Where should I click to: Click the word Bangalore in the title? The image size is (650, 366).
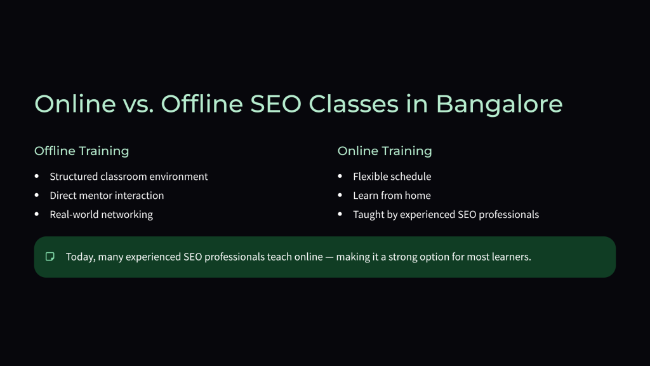(x=499, y=104)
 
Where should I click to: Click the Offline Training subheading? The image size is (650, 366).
(x=81, y=151)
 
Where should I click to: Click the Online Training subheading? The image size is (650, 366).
(x=385, y=151)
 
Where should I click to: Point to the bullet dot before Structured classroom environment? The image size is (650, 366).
(x=36, y=176)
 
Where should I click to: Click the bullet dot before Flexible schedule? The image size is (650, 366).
(x=340, y=176)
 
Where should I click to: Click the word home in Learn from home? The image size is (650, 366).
(x=418, y=196)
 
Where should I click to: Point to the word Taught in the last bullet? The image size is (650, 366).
(x=368, y=215)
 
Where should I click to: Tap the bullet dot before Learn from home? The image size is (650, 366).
(x=340, y=195)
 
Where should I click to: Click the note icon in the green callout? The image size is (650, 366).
(x=50, y=257)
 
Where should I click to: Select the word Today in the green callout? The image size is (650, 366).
(x=80, y=257)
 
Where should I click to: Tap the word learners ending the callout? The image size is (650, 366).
(x=511, y=257)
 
